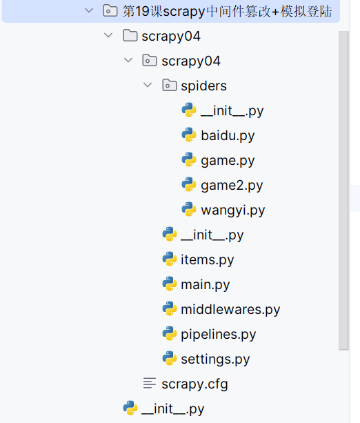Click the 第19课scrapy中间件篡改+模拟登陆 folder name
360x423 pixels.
point(226,11)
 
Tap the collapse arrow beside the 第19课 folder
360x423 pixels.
point(88,11)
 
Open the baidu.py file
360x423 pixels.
point(228,135)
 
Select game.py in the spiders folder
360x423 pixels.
point(228,160)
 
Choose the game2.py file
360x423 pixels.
point(232,185)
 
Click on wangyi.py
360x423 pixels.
point(232,210)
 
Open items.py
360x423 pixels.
point(207,259)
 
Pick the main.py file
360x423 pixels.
point(205,284)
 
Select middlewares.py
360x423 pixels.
point(230,309)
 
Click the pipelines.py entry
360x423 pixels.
point(218,334)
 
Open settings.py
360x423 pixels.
point(215,359)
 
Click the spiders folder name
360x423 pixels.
point(203,86)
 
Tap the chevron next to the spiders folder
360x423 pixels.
point(148,86)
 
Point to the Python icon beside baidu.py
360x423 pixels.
point(189,135)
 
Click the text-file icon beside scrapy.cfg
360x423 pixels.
point(149,384)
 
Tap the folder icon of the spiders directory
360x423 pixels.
point(169,86)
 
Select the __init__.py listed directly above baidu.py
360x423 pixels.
point(232,110)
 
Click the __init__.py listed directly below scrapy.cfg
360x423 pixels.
point(172,409)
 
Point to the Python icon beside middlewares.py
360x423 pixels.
point(170,309)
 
